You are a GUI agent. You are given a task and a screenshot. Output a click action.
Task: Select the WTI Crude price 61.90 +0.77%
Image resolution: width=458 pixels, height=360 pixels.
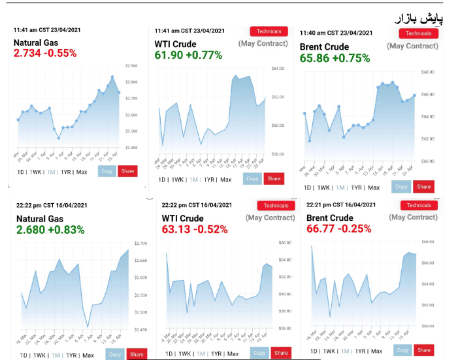pos(188,55)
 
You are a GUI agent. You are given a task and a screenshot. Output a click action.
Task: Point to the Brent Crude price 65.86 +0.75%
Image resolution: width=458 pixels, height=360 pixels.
pos(334,57)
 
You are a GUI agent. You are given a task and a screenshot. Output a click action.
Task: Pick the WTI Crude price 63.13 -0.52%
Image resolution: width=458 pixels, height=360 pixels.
pos(194,229)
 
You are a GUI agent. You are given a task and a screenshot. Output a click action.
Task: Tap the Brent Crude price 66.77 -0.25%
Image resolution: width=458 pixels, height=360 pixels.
pos(338,229)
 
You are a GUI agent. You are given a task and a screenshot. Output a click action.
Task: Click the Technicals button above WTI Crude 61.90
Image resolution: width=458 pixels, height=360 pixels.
pos(269,31)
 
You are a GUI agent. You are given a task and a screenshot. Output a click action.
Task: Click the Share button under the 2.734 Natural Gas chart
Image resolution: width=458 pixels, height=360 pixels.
pos(127,171)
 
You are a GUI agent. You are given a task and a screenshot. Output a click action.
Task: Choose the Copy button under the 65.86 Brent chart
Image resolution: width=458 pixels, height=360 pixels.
pos(401,186)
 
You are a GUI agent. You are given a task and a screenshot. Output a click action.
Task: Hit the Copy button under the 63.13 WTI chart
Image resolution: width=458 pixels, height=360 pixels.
pos(259,353)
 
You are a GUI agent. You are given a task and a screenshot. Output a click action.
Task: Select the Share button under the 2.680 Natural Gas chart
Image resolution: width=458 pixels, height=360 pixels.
pos(137,354)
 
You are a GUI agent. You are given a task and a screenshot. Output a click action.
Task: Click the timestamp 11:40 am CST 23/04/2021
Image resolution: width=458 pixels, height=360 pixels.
pos(336,33)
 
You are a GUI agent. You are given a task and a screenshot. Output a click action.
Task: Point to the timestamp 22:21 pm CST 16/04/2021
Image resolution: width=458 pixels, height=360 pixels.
pos(342,205)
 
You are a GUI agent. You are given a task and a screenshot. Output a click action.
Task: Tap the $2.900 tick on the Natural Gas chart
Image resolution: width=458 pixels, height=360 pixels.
pos(131,66)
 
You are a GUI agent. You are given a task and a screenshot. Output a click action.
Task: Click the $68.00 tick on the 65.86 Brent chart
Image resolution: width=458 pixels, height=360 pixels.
pos(428,72)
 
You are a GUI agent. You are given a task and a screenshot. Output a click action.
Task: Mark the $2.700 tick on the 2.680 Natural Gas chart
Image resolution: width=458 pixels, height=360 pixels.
pos(139,243)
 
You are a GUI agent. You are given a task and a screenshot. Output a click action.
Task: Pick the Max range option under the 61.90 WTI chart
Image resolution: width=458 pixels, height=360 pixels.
pos(225,179)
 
